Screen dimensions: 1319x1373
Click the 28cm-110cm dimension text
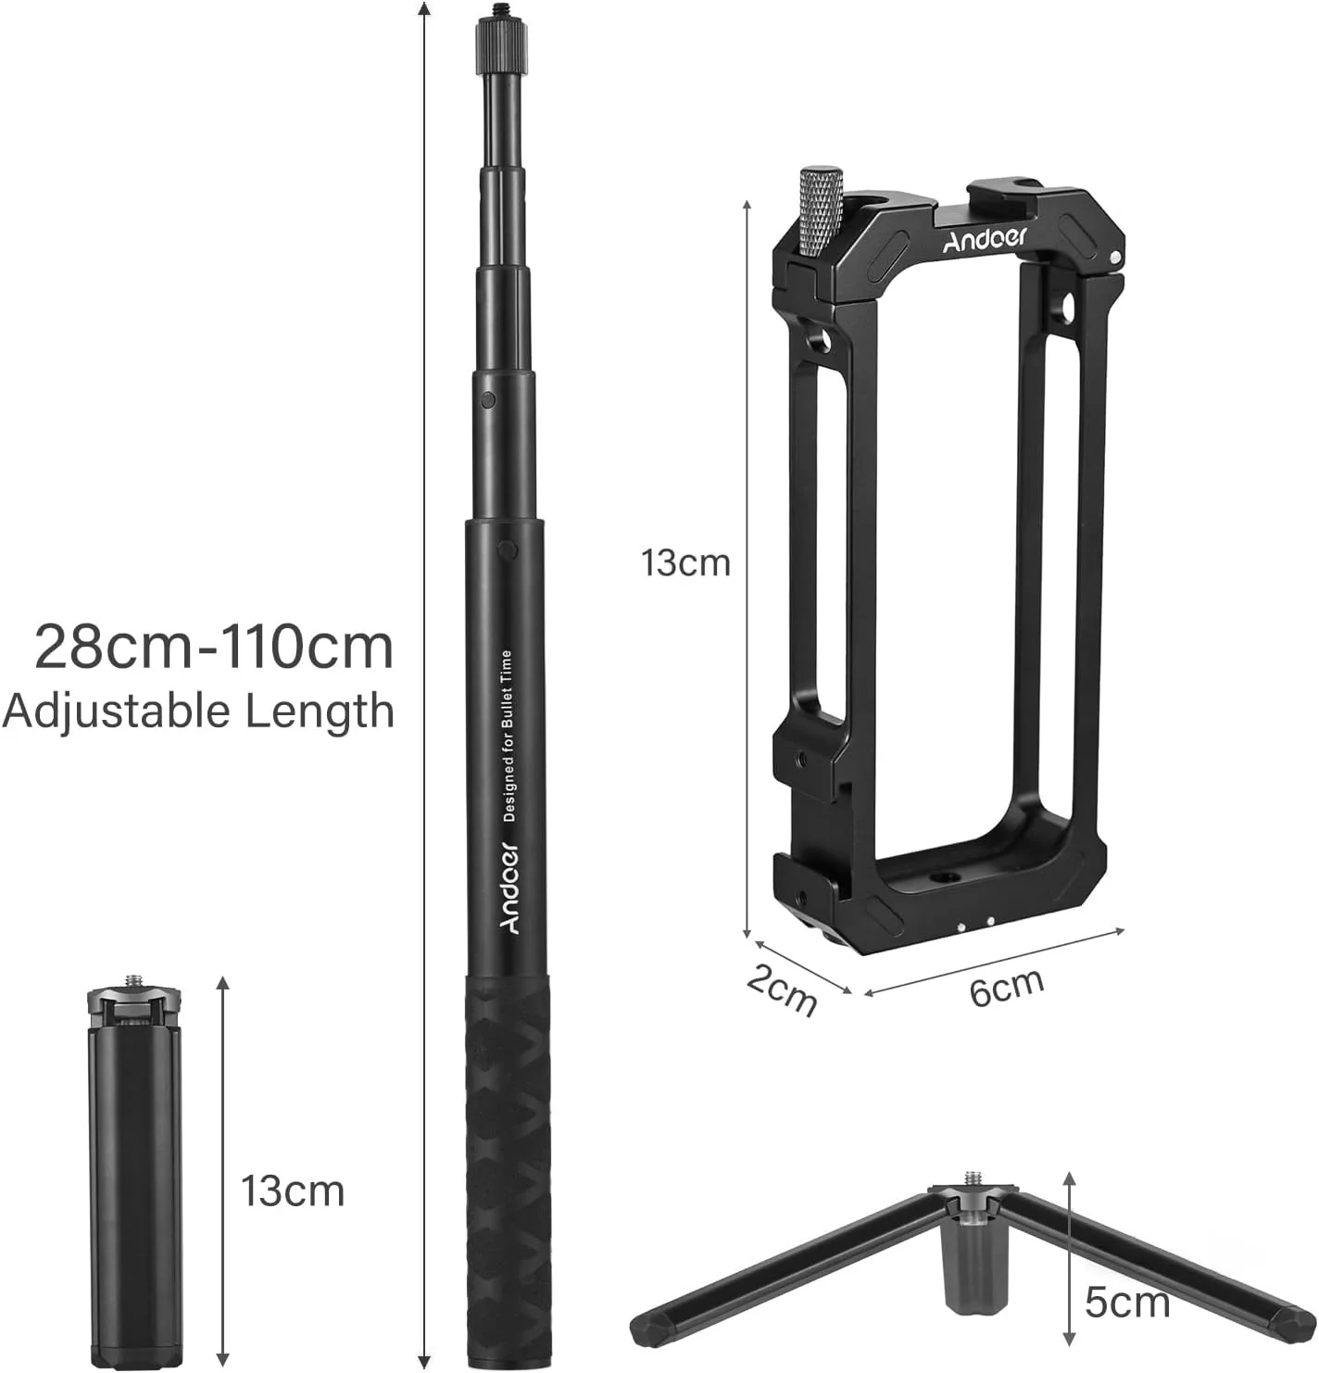point(214,647)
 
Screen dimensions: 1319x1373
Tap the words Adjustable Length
point(198,712)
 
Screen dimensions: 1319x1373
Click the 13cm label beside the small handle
point(293,1191)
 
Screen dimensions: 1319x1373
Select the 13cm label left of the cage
point(685,563)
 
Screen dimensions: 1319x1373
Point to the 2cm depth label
point(782,991)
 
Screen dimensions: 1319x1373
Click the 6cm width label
point(1006,988)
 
